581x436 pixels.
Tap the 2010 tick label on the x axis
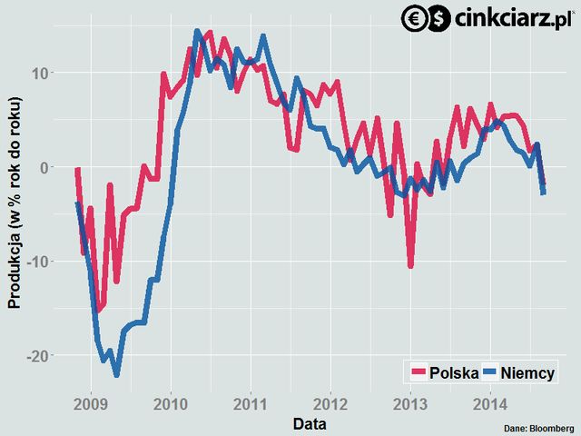(x=172, y=402)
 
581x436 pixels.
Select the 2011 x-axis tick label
(x=251, y=402)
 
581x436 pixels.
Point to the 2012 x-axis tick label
(x=330, y=402)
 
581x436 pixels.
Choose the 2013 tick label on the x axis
(x=410, y=402)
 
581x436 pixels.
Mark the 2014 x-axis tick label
(x=490, y=402)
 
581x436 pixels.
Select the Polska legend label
(x=454, y=372)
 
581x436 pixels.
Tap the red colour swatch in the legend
(x=418, y=372)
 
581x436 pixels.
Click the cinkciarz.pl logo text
(x=514, y=17)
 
